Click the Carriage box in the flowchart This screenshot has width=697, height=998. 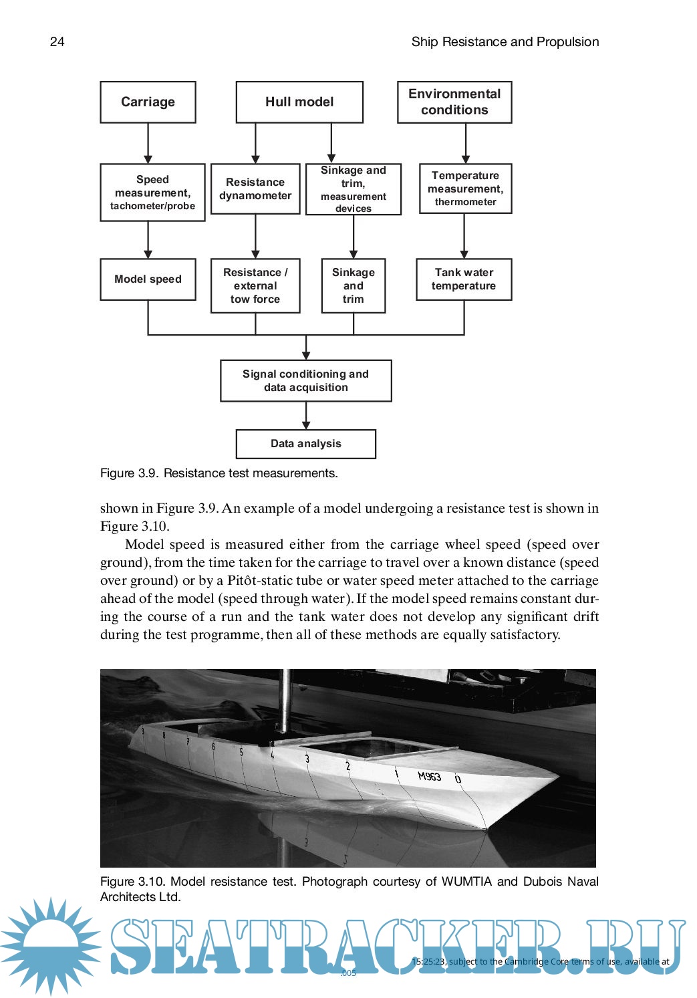[x=148, y=102]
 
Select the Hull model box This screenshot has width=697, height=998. [x=299, y=102]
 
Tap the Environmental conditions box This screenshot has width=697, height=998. [x=454, y=102]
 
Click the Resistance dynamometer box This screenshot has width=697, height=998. [x=255, y=189]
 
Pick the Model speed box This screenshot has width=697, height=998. [x=148, y=279]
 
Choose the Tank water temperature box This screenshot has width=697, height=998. [x=464, y=279]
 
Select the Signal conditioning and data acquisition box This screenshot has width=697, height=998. [x=306, y=381]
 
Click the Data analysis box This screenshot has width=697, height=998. [x=306, y=444]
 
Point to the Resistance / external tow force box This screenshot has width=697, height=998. [x=255, y=286]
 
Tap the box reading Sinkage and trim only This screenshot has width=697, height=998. [x=354, y=286]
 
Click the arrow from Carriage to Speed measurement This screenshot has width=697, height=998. [x=148, y=144]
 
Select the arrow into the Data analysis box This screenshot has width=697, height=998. [x=306, y=416]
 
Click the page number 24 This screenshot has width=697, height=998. [x=57, y=41]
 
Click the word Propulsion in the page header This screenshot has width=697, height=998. [x=567, y=41]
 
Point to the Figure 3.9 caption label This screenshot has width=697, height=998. [x=129, y=473]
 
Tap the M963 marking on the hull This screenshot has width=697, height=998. [x=430, y=776]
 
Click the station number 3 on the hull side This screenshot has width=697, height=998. [x=307, y=759]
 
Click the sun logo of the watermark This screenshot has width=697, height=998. [x=50, y=945]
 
